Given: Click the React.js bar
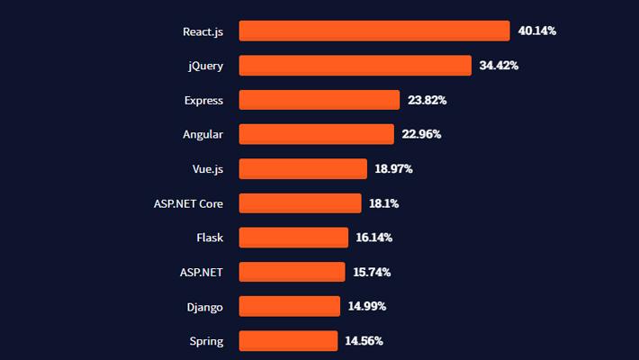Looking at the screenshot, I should tap(374, 31).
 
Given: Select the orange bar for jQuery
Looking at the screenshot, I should tap(355, 66).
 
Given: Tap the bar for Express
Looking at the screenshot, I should tap(319, 100).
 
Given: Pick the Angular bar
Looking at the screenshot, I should tap(316, 134).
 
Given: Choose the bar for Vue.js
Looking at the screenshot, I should tap(303, 169).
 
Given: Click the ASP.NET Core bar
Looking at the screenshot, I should tap(300, 203).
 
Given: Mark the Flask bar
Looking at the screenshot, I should tap(293, 238).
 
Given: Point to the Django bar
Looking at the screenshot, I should tap(290, 306).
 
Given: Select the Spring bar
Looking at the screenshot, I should tap(288, 341).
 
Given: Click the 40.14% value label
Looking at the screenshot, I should tap(537, 31).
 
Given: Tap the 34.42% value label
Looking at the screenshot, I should tap(499, 66).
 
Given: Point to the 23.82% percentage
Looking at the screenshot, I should tap(427, 100).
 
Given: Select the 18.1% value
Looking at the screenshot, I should tap(383, 203).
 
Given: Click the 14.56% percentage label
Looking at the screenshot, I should tap(364, 341).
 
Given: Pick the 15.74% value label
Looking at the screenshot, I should tap(372, 272).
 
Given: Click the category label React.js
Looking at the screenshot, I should tap(202, 31).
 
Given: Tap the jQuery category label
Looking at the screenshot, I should tap(205, 66).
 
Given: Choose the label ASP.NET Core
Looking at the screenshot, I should tap(188, 203).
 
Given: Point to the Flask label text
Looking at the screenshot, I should tap(210, 238).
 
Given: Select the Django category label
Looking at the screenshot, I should tap(204, 307).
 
